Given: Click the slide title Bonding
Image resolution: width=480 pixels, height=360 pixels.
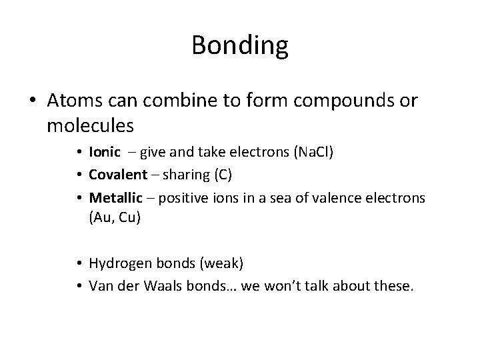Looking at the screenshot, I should point(239,46).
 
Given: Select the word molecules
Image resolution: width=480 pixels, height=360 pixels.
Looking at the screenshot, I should point(91,124).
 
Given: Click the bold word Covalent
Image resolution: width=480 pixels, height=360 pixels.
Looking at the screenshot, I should point(117,175).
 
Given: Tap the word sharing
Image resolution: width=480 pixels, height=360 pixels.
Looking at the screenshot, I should point(188,175).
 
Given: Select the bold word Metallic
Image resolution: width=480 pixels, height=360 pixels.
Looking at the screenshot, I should point(115,198).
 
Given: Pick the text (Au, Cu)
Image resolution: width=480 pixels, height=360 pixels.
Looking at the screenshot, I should point(115,217).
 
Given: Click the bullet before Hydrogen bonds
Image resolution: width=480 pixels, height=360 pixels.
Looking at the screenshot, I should point(80,263).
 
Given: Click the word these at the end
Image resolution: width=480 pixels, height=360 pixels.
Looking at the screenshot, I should point(394,286).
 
